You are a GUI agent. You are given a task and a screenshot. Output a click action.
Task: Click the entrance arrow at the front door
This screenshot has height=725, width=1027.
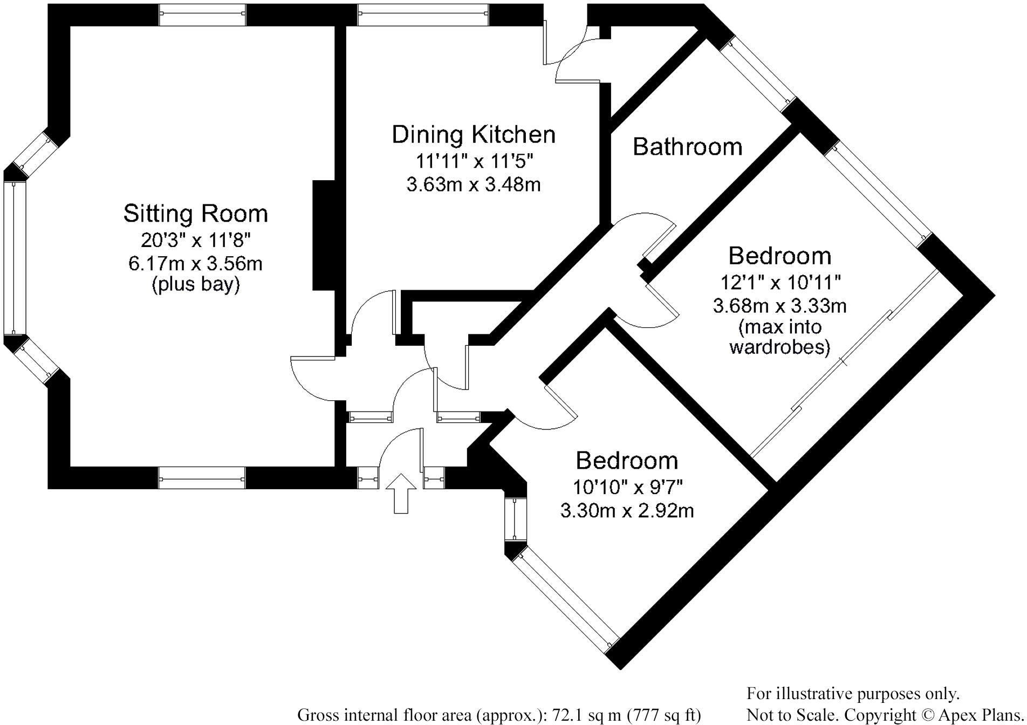tap(401, 493)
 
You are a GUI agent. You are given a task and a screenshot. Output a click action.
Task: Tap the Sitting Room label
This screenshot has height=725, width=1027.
tap(195, 214)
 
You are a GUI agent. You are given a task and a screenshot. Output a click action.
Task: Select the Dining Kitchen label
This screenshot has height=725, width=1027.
tap(474, 135)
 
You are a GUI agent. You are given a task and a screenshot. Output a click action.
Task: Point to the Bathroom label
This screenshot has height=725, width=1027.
tap(687, 147)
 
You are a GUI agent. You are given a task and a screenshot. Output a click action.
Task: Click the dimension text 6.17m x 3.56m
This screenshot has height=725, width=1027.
tap(195, 263)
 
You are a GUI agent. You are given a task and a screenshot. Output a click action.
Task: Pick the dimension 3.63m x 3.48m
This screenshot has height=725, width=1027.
tap(474, 184)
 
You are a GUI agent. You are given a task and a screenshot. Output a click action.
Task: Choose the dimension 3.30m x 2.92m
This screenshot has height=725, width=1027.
tap(627, 510)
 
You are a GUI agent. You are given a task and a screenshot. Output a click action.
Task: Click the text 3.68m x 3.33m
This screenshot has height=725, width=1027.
tap(779, 306)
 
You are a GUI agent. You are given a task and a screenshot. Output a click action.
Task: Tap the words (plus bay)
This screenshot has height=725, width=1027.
tap(195, 284)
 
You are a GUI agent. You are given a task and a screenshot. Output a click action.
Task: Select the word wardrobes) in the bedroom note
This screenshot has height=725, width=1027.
tap(779, 347)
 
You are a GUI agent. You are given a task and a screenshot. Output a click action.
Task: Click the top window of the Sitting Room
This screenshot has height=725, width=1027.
tap(202, 15)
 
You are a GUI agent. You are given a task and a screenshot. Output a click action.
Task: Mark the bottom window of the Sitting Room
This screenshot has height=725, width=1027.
tap(202, 478)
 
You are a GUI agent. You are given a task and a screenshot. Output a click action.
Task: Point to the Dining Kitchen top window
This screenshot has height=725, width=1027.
tap(423, 15)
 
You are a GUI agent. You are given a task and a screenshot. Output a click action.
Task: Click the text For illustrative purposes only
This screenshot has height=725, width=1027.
tap(853, 694)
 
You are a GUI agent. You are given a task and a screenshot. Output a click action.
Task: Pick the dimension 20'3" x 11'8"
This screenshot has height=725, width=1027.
tap(195, 240)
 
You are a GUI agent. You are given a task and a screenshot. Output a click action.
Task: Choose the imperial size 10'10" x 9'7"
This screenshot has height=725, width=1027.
tap(628, 487)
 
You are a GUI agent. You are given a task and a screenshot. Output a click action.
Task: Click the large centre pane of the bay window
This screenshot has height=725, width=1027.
tap(15, 258)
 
